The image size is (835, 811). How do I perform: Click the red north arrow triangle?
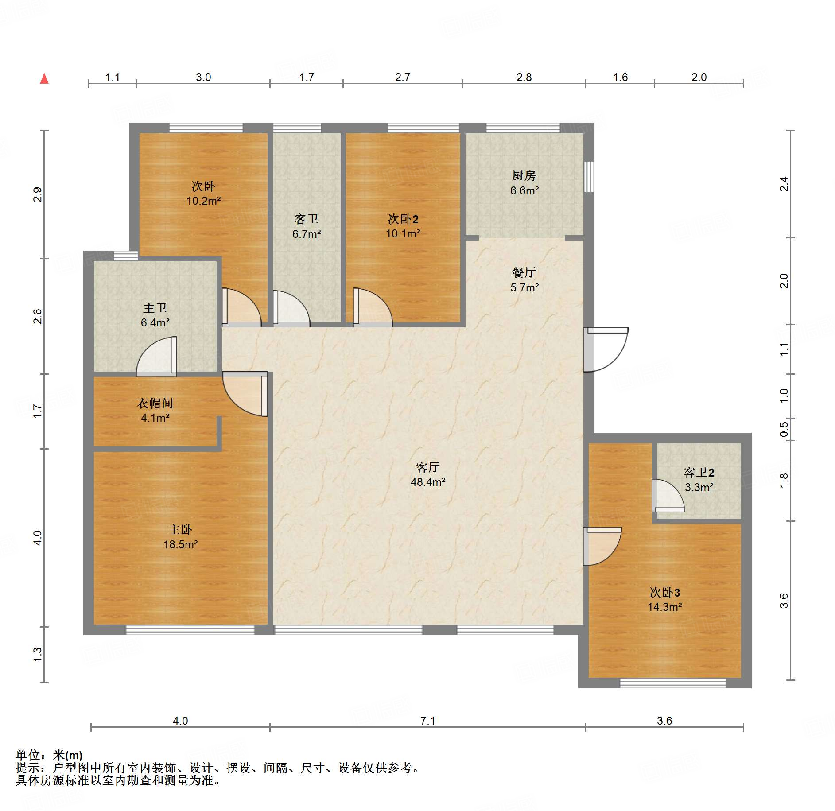[44, 79]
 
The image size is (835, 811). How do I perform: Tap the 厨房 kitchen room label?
[524, 176]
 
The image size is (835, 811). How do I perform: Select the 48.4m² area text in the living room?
[427, 482]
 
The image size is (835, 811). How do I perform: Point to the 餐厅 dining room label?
[524, 272]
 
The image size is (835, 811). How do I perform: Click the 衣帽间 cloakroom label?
[155, 403]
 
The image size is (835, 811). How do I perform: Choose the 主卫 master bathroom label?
[155, 308]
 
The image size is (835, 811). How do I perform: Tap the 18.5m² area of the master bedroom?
[180, 544]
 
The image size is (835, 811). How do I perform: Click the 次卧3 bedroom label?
[664, 592]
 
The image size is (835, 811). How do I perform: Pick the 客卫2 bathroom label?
[699, 473]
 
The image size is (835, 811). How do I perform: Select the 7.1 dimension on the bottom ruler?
[427, 721]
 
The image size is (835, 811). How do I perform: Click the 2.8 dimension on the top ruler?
[524, 78]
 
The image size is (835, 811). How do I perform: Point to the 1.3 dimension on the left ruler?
[38, 655]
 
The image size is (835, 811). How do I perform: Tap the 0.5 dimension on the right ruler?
[784, 429]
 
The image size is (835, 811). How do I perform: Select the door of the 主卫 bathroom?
[156, 357]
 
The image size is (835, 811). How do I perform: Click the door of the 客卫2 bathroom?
[668, 496]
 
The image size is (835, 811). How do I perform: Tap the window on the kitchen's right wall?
[589, 176]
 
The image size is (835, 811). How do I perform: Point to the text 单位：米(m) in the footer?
[49, 755]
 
